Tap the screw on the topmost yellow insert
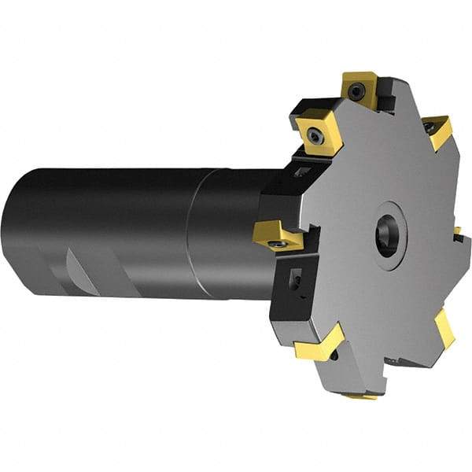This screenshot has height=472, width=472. pos(358,92)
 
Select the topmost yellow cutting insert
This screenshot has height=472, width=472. pos(360,88)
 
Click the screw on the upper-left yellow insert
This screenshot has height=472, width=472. pos(315,137)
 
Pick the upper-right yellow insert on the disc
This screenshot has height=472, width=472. pos(437,130)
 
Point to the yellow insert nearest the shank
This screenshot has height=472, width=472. pos(276,233)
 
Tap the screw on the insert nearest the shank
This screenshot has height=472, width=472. pos(276,245)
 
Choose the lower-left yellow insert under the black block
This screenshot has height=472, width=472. pos(319,345)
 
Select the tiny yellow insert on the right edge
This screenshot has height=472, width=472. pos(457,232)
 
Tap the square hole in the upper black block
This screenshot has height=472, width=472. pos(301,171)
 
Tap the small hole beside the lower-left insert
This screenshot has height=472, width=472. pos(336,356)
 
